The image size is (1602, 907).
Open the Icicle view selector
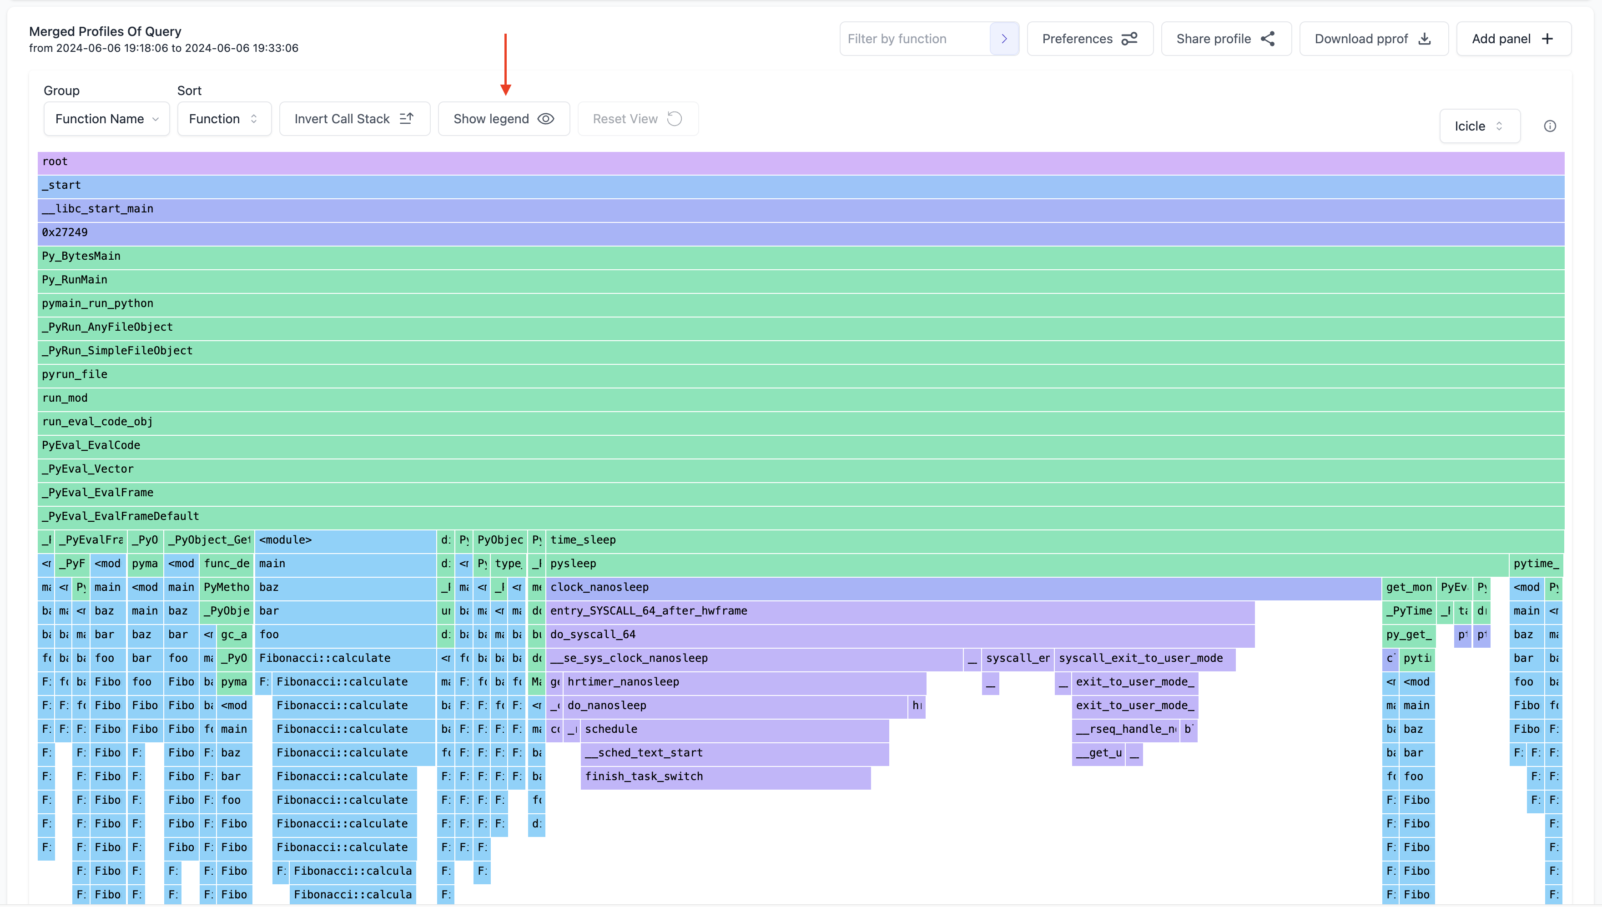tap(1479, 126)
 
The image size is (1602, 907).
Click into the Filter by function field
tap(914, 39)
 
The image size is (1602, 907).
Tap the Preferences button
tap(1089, 39)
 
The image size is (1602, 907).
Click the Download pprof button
tap(1373, 39)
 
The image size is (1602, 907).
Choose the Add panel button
tap(1512, 39)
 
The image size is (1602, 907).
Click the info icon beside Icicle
tap(1550, 126)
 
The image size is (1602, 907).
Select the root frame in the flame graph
tap(801, 162)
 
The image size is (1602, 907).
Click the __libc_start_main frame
tap(801, 209)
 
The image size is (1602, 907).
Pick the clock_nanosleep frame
tap(962, 587)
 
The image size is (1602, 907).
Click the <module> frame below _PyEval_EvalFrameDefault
tap(345, 540)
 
